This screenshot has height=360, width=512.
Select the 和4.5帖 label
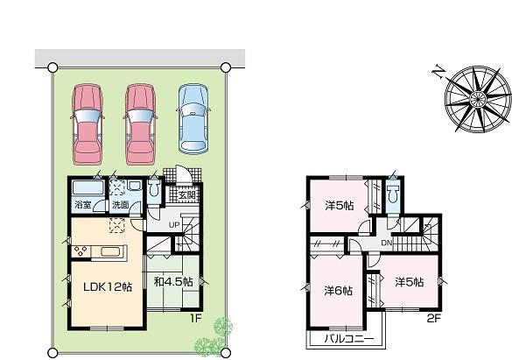(173, 282)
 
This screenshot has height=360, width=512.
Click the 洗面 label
(121, 206)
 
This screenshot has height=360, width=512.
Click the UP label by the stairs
(174, 224)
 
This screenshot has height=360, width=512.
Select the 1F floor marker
(196, 318)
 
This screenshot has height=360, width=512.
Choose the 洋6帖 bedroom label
(339, 290)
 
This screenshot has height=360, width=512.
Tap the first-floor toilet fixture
(154, 189)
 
